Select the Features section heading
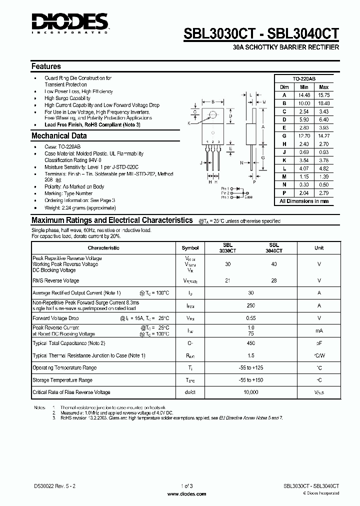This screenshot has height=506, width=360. [46, 66]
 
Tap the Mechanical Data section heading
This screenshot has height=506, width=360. [59, 136]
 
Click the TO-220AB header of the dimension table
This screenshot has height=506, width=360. [304, 79]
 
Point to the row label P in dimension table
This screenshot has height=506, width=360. [284, 192]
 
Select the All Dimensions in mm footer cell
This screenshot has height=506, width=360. [304, 201]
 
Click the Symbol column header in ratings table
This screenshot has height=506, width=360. [190, 248]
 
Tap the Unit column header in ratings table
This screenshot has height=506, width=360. [319, 248]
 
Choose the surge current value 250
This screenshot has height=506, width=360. [251, 305]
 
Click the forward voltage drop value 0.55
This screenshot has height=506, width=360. [251, 318]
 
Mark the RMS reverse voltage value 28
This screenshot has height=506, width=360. [274, 281]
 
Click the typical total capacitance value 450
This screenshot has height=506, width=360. [251, 343]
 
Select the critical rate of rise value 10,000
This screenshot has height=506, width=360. [251, 392]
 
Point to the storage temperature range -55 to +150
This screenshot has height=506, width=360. [251, 380]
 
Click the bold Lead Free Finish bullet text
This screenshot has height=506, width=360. [92, 124]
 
